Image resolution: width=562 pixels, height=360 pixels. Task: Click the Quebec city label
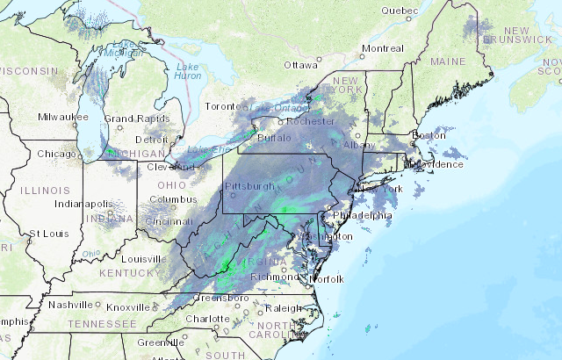click(400, 11)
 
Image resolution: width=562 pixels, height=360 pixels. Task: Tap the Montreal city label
click(382, 48)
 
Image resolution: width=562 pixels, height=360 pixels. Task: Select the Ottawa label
click(299, 65)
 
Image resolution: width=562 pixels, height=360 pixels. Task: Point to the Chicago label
click(56, 155)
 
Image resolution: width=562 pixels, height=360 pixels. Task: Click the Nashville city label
click(70, 305)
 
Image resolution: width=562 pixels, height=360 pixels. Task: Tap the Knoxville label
click(127, 307)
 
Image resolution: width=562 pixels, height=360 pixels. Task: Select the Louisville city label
click(144, 259)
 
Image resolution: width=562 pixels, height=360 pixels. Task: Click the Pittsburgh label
click(249, 186)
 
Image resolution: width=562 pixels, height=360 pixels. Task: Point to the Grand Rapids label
click(132, 119)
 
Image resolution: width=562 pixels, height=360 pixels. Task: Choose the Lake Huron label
click(188, 71)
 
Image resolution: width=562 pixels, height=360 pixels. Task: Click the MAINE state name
click(448, 61)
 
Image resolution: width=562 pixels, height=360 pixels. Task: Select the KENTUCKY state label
click(127, 274)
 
